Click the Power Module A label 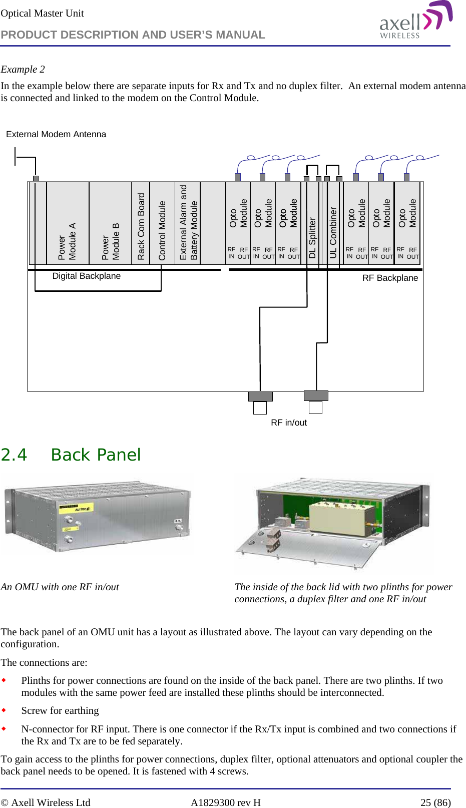67,241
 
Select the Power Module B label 111,241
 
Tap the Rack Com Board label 141,226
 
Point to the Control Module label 162,230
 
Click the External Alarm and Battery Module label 189,223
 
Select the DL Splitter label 312,237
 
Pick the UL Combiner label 333,232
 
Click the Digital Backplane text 86,276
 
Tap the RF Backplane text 390,278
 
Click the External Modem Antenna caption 56,134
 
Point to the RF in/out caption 289,423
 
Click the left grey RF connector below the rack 260,396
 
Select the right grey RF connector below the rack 316,395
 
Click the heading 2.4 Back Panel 71,455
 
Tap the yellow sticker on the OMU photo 76,509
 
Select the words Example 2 23,69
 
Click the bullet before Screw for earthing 4,710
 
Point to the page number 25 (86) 435,802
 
